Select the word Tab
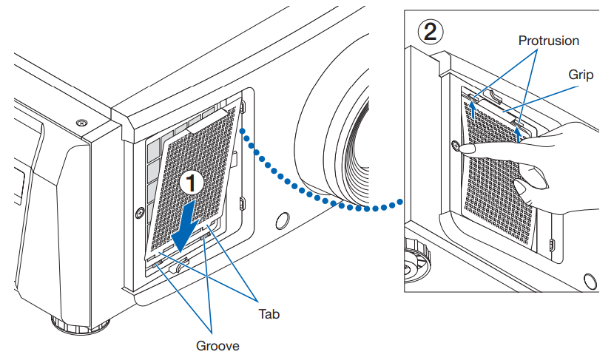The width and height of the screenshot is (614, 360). pyautogui.click(x=268, y=313)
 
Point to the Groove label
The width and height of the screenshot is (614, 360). pyautogui.click(x=217, y=344)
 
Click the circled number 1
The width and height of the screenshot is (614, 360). pyautogui.click(x=192, y=182)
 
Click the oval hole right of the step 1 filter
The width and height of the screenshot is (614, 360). pyautogui.click(x=281, y=221)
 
